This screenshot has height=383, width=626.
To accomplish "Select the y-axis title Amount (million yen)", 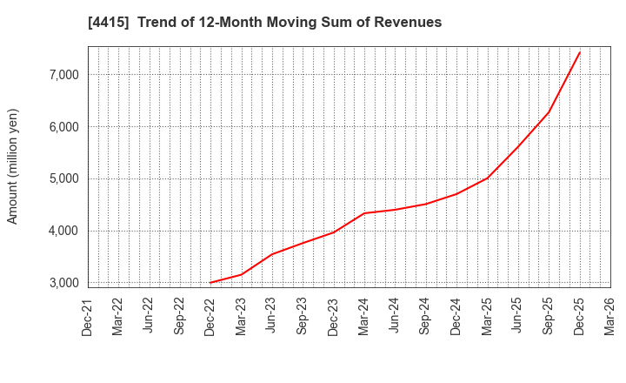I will pos(13,166).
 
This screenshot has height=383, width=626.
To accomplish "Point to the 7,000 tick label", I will pos(60,75).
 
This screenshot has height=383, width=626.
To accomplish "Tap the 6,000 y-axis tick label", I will pos(60,127).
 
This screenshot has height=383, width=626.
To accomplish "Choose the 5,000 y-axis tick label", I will pos(60,179).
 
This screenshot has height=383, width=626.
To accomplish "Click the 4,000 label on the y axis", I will pos(60,232).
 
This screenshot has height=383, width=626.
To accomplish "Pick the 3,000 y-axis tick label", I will pos(60,283).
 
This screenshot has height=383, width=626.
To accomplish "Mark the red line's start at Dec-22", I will pos(210,282).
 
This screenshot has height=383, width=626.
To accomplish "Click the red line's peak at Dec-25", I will pos(580,52).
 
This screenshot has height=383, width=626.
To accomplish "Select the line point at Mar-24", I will pos(364,213).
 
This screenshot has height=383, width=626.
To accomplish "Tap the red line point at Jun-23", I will pos(272,254).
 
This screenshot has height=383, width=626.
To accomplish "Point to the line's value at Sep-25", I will pos(549,111).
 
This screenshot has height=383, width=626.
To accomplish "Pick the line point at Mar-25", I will pos(488,178).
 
